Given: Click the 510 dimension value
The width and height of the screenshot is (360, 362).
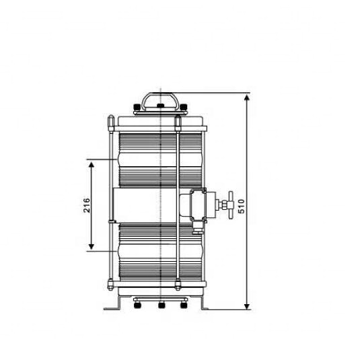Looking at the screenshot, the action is click(x=241, y=206).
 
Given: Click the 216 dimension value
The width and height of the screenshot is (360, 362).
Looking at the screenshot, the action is click(x=87, y=205).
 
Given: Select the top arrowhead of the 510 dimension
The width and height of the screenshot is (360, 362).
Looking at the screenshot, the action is click(x=247, y=98).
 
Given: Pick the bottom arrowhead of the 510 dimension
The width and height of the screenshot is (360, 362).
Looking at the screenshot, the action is click(x=247, y=306).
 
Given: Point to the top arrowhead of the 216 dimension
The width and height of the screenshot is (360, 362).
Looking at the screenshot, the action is click(x=92, y=165).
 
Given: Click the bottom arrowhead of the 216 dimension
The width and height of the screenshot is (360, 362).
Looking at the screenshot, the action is click(x=92, y=246).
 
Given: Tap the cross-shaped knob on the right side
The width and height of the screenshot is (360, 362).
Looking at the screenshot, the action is click(x=231, y=205).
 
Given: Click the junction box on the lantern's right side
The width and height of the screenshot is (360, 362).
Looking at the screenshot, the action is click(x=198, y=205).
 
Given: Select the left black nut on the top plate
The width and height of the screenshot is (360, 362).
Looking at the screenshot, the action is click(x=137, y=107).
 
